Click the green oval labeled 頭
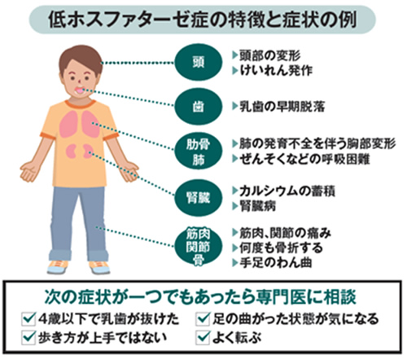coord(198,63)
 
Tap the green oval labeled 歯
coord(198,107)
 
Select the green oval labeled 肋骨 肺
coord(198,151)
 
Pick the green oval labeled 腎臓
coord(198,198)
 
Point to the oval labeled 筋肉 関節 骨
coord(198,247)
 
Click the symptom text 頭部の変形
coord(270,55)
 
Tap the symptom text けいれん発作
coord(276,71)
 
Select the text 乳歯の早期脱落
coord(282,107)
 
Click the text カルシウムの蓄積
coord(287,191)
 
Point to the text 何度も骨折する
coord(281,248)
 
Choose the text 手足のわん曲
coord(275,262)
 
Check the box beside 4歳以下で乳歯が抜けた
coord(28,318)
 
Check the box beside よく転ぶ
coord(203,337)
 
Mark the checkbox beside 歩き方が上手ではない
coord(28,337)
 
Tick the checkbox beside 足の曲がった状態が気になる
coord(203,318)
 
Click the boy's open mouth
coord(81,90)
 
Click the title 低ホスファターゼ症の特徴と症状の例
coord(203,20)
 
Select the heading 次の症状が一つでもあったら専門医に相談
coord(200,297)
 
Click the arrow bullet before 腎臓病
coord(235,206)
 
